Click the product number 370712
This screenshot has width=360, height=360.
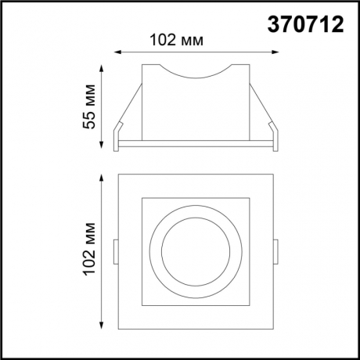[305, 24]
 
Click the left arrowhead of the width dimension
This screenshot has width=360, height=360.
[117, 52]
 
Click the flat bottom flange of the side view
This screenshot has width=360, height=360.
[196, 145]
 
